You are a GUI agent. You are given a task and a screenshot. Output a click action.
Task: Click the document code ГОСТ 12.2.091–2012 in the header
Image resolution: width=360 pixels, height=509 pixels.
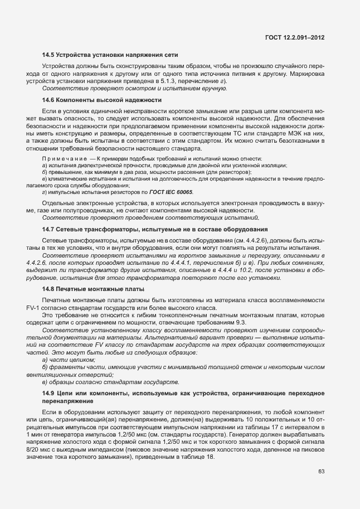[x=295, y=38]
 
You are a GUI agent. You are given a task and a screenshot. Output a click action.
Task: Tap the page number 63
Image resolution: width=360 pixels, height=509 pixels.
[x=322, y=471]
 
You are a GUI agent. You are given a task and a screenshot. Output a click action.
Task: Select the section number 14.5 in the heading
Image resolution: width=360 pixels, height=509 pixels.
[x=49, y=55]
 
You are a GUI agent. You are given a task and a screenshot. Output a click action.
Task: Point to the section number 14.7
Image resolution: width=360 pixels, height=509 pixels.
[x=49, y=230]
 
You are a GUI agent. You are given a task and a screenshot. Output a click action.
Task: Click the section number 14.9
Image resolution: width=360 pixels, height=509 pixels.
[x=49, y=394]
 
